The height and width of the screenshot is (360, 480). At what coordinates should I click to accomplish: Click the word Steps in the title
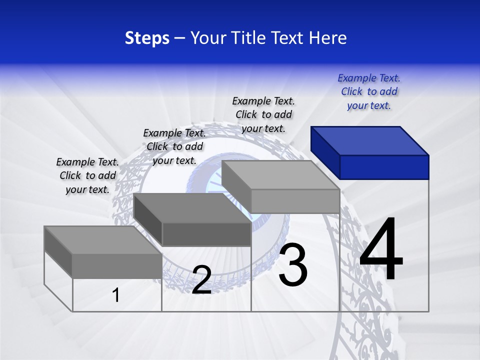(x=147, y=38)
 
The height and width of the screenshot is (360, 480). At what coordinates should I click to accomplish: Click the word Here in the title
(x=328, y=38)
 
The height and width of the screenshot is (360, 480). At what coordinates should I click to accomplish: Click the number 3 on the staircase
(x=293, y=265)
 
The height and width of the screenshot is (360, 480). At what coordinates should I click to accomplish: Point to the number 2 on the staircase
(x=202, y=280)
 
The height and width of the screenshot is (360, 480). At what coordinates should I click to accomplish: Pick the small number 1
(x=116, y=295)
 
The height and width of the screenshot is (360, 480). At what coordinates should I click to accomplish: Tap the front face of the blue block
(x=384, y=167)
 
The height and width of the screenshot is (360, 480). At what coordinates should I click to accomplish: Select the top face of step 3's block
(x=280, y=175)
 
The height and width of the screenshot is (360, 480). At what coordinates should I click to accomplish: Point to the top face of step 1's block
(x=102, y=240)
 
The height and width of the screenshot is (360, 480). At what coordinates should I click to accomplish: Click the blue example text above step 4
(x=369, y=92)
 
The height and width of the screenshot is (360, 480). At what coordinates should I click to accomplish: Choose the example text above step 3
(x=263, y=114)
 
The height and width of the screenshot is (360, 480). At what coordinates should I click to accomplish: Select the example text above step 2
(x=174, y=146)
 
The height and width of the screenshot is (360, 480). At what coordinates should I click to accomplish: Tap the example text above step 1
(x=87, y=175)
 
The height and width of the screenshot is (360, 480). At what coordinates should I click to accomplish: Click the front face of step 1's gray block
(x=117, y=265)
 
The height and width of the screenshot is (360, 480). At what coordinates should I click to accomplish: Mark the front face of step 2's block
(x=206, y=234)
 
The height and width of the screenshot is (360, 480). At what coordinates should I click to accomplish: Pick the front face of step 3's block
(x=295, y=201)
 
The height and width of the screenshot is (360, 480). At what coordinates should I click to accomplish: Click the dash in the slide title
(x=179, y=38)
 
